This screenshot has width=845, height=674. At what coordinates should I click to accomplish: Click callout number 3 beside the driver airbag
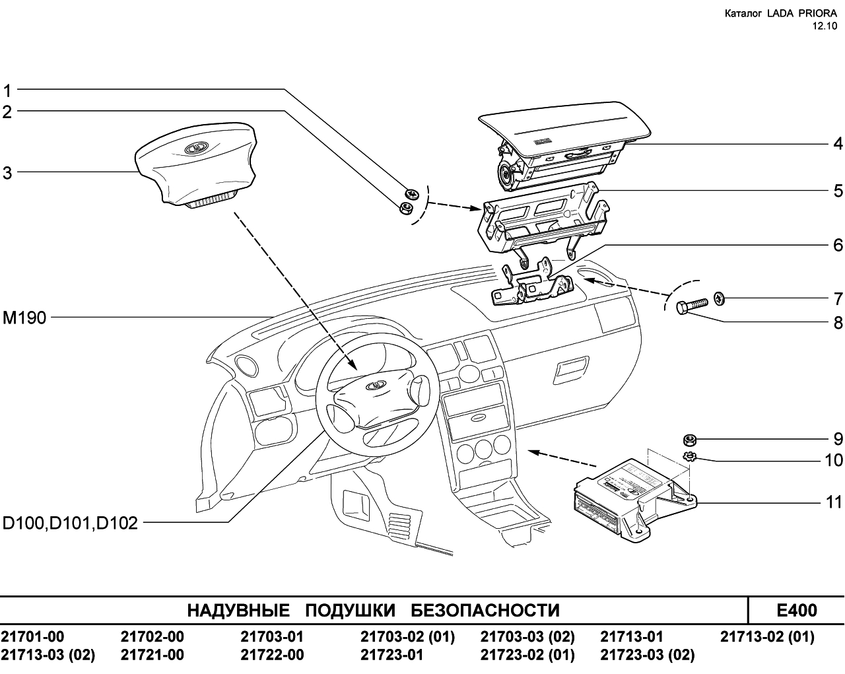click(x=7, y=173)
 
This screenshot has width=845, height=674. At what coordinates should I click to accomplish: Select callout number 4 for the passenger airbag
click(x=838, y=144)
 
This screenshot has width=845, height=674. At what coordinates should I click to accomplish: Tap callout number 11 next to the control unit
click(x=834, y=502)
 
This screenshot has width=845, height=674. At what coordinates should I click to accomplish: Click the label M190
click(x=24, y=318)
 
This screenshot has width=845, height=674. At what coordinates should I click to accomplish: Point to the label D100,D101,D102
click(x=70, y=523)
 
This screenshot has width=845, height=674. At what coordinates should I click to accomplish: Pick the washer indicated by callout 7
click(x=719, y=299)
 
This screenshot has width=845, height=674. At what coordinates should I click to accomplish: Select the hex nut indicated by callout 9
click(x=690, y=440)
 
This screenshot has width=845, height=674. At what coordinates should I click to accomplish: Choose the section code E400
click(x=797, y=610)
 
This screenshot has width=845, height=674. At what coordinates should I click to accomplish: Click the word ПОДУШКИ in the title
click(x=351, y=610)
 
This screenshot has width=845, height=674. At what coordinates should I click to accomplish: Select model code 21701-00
click(x=32, y=636)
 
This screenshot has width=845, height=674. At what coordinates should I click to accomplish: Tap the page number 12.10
click(x=825, y=26)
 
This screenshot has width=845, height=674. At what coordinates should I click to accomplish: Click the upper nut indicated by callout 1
click(x=411, y=193)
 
